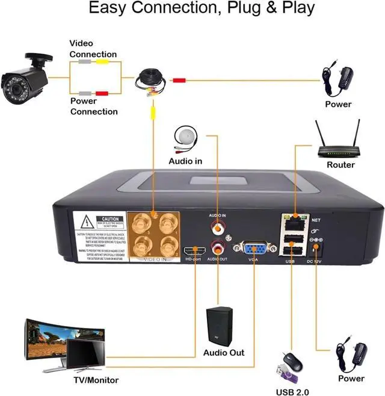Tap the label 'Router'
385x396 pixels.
click(x=340, y=165)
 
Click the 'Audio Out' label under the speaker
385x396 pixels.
click(x=224, y=352)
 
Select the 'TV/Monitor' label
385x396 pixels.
click(x=96, y=380)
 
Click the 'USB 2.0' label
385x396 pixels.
click(x=292, y=392)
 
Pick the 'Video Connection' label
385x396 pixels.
click(x=93, y=49)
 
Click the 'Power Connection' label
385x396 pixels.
click(x=94, y=107)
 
